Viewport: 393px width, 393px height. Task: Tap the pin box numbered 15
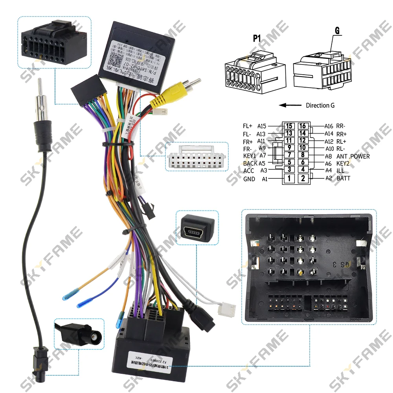coord(289,126)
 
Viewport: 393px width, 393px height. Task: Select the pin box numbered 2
coord(303,178)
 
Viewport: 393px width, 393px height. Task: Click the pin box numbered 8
coord(303,156)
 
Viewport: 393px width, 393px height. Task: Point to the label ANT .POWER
coord(353,156)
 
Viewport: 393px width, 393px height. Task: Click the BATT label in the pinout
coord(343,178)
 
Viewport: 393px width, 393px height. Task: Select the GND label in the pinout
coord(249,179)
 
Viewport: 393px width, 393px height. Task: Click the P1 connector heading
coord(257,38)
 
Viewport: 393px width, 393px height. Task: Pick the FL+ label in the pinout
coord(248,126)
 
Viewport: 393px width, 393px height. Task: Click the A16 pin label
coord(329,126)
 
